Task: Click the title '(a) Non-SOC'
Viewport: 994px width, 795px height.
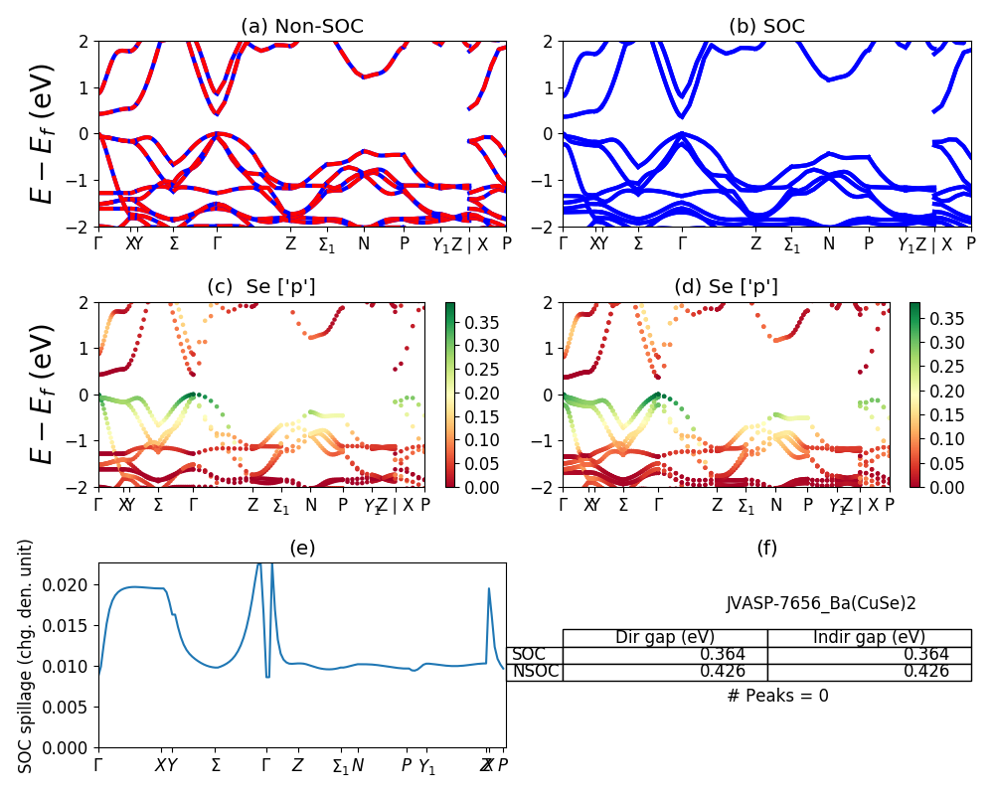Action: [x=302, y=27]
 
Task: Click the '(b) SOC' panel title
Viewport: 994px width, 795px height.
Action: [x=766, y=27]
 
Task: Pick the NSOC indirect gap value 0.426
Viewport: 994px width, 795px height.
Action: [x=925, y=671]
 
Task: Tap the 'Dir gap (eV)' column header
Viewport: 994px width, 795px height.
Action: [x=665, y=637]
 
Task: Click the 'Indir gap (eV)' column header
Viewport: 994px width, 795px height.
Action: [x=869, y=637]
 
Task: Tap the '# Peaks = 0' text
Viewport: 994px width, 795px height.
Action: [x=777, y=696]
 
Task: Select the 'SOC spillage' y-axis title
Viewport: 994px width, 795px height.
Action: [x=26, y=656]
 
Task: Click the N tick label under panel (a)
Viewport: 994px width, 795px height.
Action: [x=364, y=242]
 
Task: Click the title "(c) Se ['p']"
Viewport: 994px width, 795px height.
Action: [x=261, y=287]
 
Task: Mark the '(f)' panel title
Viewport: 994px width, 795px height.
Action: [x=766, y=548]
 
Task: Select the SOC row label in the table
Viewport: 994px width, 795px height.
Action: [x=529, y=654]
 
